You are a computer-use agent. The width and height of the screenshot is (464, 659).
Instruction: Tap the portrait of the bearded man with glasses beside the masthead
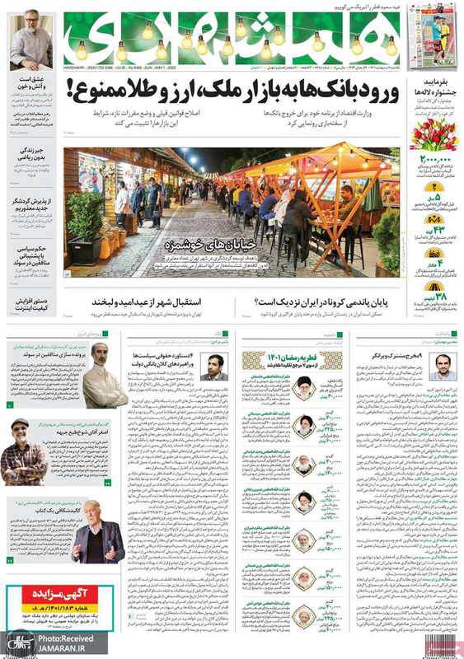(x=30, y=41)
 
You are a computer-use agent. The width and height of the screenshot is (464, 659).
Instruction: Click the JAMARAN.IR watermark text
(x=61, y=648)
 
